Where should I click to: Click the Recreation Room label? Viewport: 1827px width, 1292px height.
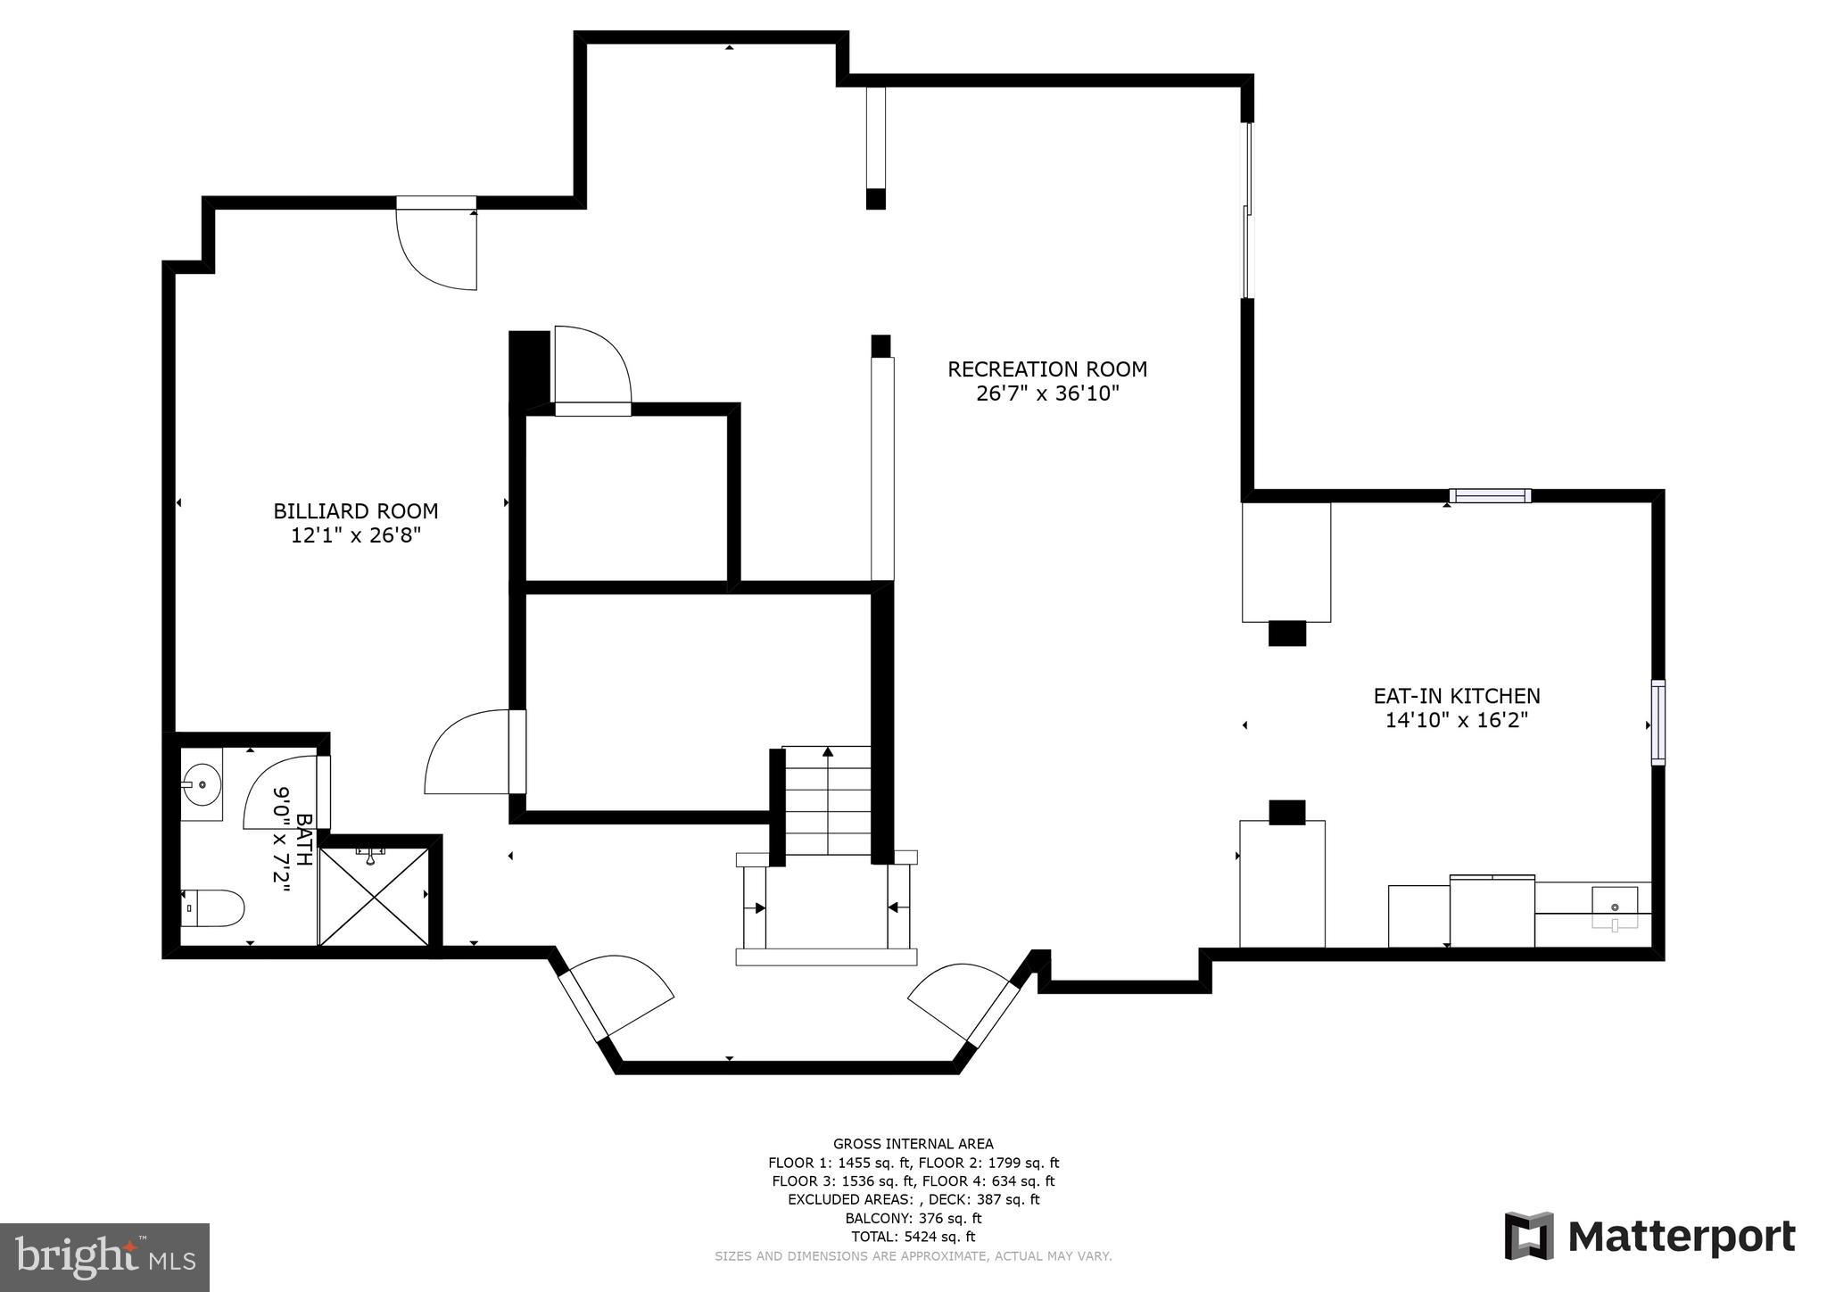click(1046, 369)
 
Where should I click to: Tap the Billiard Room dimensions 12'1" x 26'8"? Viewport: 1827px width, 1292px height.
click(355, 536)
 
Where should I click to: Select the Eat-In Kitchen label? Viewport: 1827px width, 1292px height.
click(1456, 696)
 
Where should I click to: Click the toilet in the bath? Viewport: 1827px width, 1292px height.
click(214, 909)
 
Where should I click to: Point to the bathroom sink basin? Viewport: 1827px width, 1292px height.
click(202, 785)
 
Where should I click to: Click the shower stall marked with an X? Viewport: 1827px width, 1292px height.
click(374, 897)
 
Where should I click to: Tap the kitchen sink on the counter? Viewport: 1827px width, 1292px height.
click(1615, 908)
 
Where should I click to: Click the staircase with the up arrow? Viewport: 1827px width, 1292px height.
click(828, 800)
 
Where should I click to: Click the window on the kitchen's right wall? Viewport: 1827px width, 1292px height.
click(1658, 722)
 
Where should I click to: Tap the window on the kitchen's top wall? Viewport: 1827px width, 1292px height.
click(1490, 496)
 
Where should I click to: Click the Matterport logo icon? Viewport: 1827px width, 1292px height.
click(1529, 1236)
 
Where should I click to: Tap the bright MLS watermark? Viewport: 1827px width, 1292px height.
click(104, 1257)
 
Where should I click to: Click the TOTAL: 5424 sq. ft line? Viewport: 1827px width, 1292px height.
click(913, 1237)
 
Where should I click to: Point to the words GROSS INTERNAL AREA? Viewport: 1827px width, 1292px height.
click(913, 1144)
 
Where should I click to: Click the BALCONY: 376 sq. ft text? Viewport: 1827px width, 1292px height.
click(913, 1218)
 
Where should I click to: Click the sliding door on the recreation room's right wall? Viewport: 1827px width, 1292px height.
click(1248, 211)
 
